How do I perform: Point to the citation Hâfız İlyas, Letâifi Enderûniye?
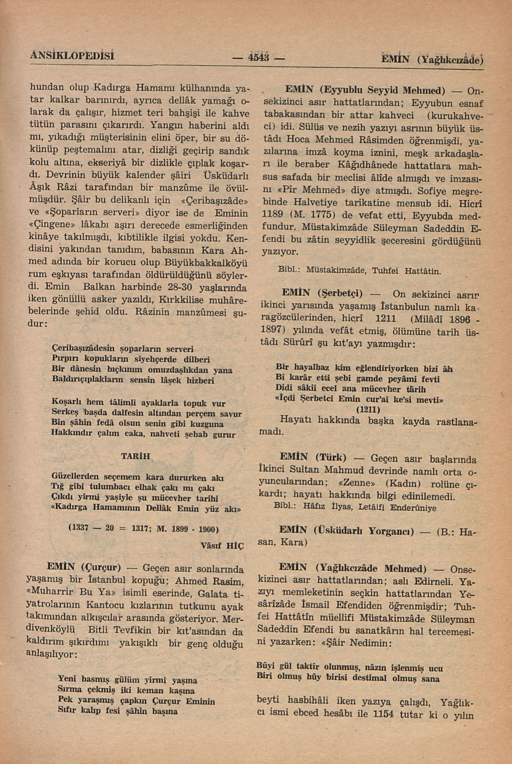[370, 508]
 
